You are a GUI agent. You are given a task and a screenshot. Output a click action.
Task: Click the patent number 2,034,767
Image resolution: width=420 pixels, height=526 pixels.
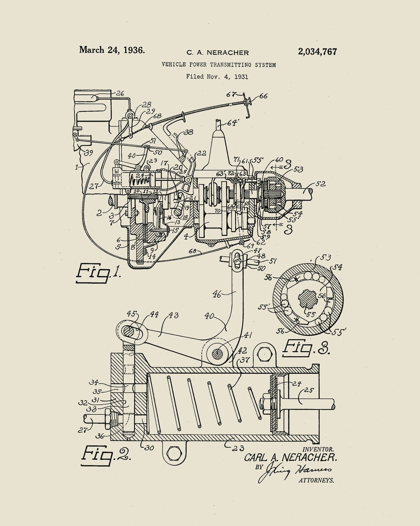(317, 52)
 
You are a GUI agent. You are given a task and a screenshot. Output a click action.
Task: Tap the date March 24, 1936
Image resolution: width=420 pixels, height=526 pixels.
(112, 50)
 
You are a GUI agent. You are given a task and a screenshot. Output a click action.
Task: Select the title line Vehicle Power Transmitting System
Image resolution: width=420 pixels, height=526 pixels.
(219, 65)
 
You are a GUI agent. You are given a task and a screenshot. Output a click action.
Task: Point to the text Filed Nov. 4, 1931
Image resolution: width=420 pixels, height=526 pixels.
(217, 77)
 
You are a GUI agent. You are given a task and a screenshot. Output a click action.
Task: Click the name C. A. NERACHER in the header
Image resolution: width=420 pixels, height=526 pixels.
(218, 53)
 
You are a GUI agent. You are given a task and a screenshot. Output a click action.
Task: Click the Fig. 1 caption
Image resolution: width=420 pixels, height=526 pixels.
(98, 273)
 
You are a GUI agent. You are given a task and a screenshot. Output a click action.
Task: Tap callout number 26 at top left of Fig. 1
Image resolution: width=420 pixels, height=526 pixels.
(120, 93)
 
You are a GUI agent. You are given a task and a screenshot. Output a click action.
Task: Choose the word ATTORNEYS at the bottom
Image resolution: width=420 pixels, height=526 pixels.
(316, 481)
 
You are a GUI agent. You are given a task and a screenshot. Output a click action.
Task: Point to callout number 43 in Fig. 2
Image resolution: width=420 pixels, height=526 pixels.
(173, 315)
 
